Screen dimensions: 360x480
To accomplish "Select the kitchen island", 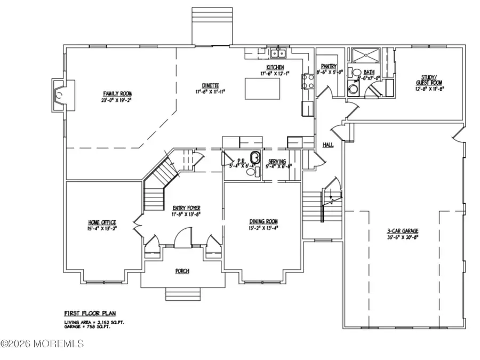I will coord(261,86).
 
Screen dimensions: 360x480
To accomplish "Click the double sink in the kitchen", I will coord(278,53).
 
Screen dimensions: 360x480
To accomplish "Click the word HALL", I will coord(327,145).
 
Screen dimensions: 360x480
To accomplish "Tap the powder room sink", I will coord(255,158).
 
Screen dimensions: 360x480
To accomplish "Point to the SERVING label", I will coord(277,161).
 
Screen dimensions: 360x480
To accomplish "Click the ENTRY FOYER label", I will coord(186,208).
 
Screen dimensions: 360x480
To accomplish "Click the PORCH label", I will coord(182,271).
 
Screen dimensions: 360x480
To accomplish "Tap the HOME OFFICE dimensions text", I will coord(102,228).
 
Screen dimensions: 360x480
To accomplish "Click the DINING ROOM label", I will coord(263,221).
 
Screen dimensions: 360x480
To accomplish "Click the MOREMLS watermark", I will coord(43,343).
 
